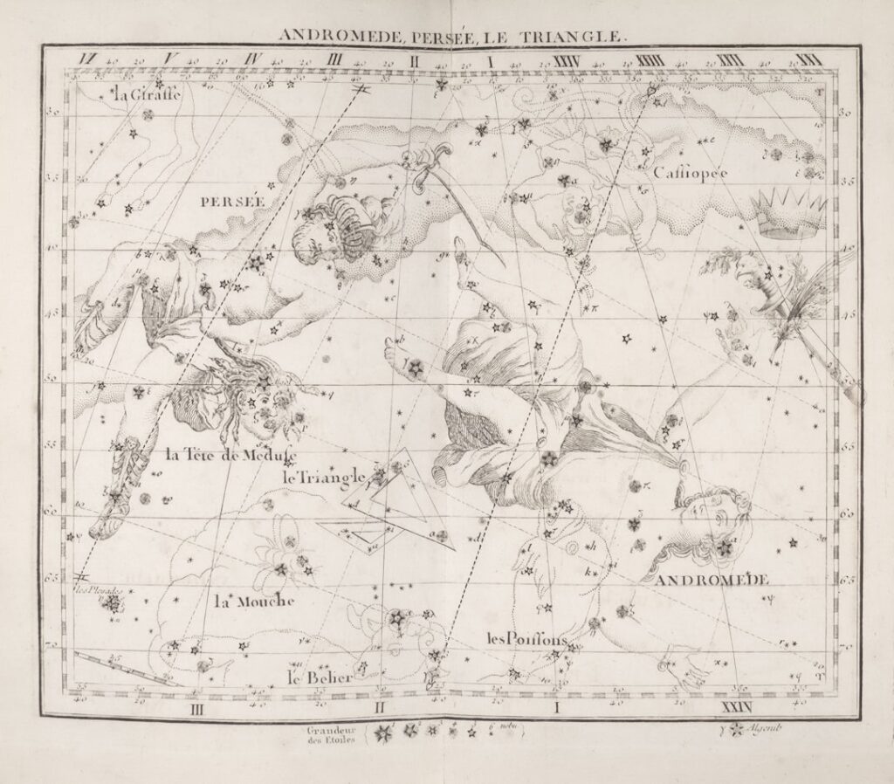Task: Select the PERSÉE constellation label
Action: tap(231, 201)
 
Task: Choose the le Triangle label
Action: tap(322, 477)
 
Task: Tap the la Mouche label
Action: tap(254, 602)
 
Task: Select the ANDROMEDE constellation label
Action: tap(712, 580)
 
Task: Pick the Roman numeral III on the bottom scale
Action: tap(197, 708)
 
